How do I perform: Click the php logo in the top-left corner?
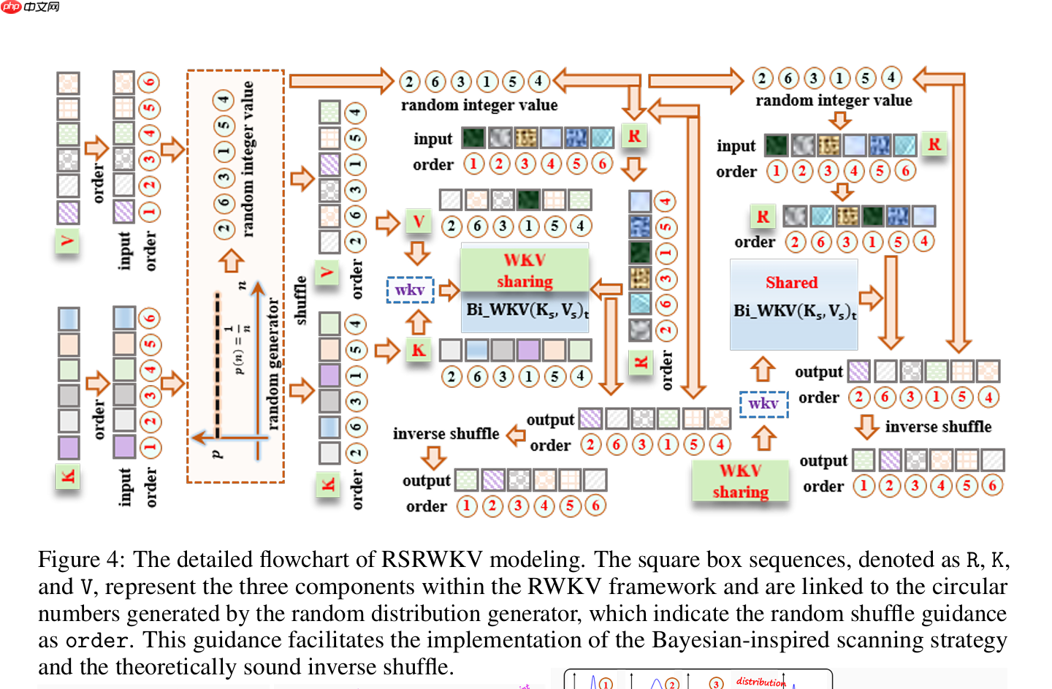coord(12,7)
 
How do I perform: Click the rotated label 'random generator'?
coord(273,363)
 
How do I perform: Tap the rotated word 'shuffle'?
coord(300,300)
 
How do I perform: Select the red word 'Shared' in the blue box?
coord(791,283)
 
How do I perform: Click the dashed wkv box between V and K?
coord(410,290)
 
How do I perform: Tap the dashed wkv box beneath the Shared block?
coord(763,403)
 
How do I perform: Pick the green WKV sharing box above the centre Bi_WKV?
coord(525,270)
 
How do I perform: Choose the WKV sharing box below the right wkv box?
coord(740,481)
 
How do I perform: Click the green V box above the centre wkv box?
coord(419,221)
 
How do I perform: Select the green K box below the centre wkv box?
coord(419,350)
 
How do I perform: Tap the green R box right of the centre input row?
coord(634,136)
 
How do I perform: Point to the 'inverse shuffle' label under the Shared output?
coord(938,427)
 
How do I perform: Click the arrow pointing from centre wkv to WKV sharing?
coord(449,291)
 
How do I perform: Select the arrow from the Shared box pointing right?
coord(870,297)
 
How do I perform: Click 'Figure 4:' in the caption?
coord(81,560)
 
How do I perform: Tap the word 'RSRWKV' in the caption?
coord(431,560)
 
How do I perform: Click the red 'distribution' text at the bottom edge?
coord(760,682)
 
